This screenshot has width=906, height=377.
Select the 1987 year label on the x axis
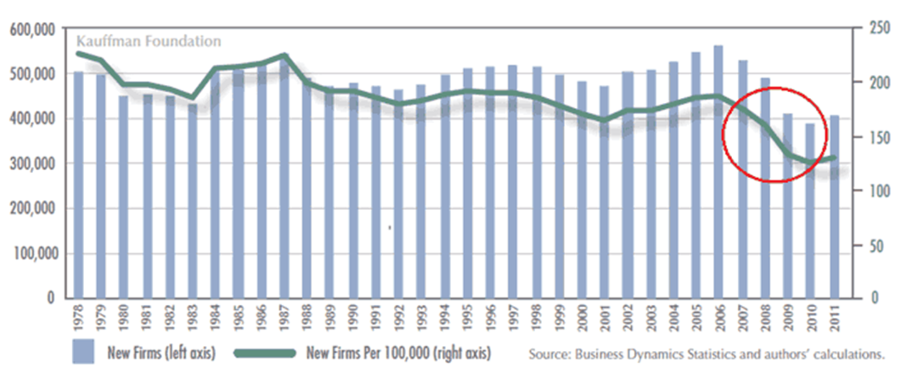[284, 317]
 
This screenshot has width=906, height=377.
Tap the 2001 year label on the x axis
[604, 317]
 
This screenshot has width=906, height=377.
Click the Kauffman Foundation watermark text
[148, 42]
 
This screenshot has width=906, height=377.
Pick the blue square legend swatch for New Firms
[83, 352]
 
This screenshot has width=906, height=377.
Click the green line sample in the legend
[265, 353]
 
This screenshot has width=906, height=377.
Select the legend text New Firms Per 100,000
[398, 353]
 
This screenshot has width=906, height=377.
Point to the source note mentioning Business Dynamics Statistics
[707, 355]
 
